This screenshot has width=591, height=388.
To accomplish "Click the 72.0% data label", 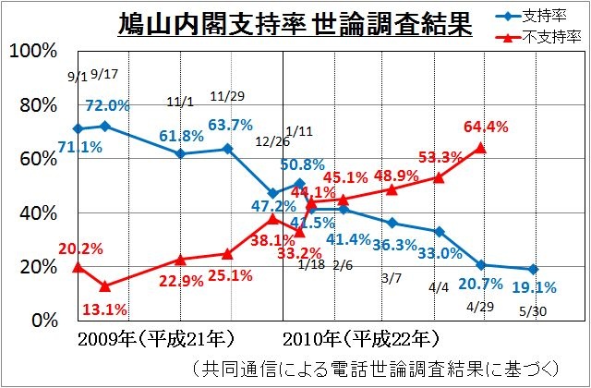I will pos(108,106).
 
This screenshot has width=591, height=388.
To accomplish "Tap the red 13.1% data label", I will pos(104,309).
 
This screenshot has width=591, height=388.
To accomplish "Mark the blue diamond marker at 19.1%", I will pos(534,269).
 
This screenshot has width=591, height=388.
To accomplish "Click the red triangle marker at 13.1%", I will pos(104,286).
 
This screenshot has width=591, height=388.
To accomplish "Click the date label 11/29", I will pos(226,96).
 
